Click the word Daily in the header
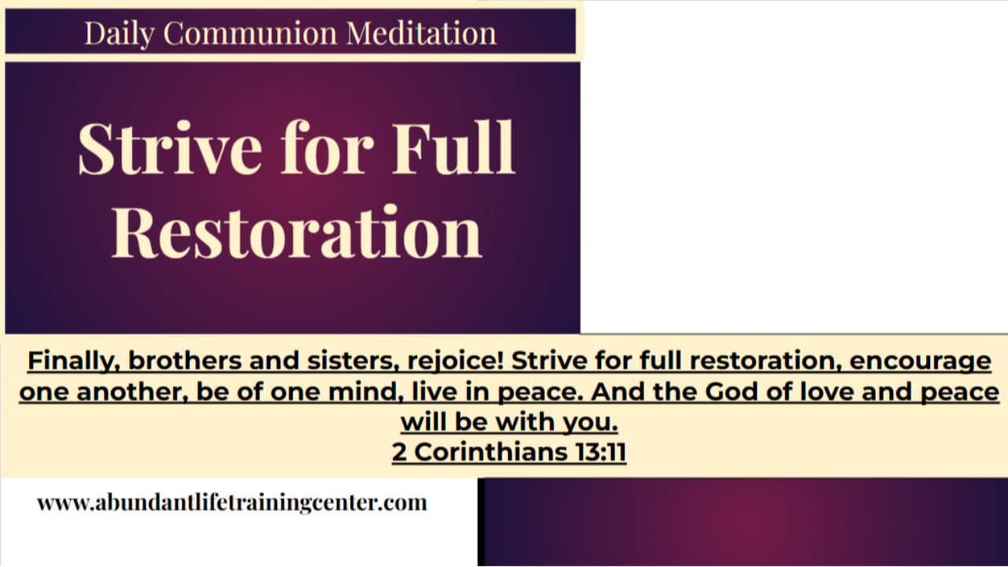coord(118,33)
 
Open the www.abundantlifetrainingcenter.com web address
coord(232,502)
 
